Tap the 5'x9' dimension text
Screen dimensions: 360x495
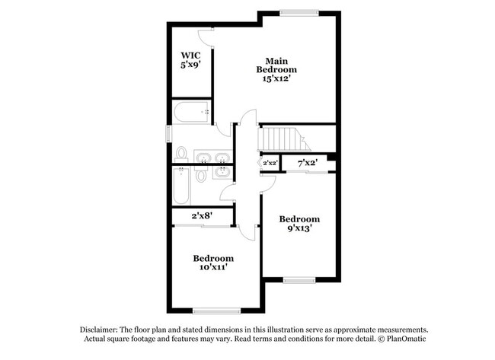pos(190,65)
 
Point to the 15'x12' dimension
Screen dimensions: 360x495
pos(276,78)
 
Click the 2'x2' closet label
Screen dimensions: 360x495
pos(270,163)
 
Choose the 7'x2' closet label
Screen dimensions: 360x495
pos(306,162)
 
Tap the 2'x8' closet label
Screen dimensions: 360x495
pos(201,216)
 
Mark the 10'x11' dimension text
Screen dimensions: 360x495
pos(212,267)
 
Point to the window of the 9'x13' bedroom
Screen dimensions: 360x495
pos(299,279)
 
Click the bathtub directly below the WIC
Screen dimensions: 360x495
pos(193,112)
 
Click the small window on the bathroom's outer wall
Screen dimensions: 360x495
pos(169,133)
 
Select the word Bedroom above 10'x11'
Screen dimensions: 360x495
pos(212,258)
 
